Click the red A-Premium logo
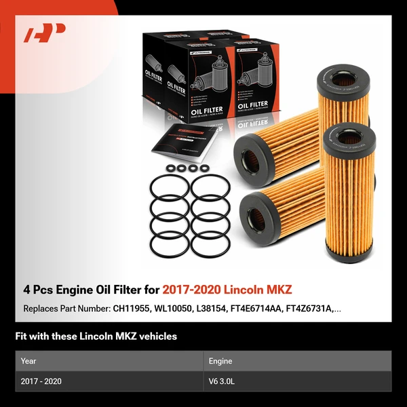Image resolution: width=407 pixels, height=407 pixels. (45, 33)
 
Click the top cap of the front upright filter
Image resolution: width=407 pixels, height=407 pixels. (349, 138)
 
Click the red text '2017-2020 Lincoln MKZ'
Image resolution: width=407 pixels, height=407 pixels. (227, 290)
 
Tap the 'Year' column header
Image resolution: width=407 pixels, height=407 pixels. (28, 361)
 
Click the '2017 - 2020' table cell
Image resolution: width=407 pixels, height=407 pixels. (41, 381)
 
